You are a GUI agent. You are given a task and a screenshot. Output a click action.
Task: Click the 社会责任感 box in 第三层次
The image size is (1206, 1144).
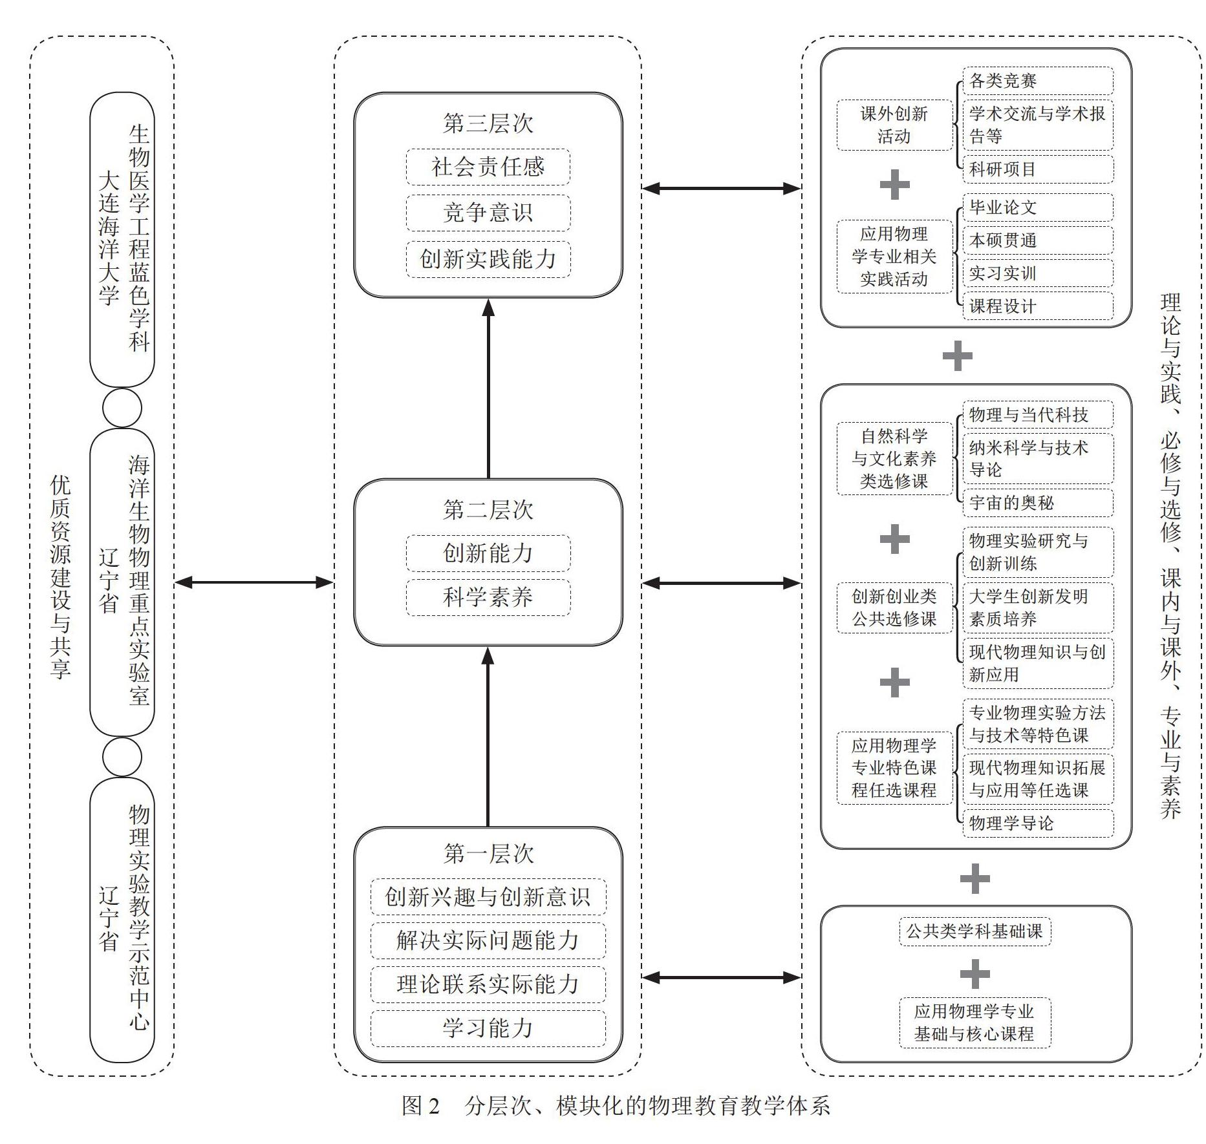click(x=488, y=167)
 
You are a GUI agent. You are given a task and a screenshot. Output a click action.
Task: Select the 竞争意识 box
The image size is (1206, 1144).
click(x=488, y=213)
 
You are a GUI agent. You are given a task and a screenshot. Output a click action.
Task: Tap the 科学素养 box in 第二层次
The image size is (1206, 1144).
click(x=488, y=597)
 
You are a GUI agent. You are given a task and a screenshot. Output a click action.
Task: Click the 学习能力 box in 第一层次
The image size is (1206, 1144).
click(x=488, y=1028)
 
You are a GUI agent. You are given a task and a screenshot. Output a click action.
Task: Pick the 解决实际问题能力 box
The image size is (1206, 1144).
click(x=488, y=940)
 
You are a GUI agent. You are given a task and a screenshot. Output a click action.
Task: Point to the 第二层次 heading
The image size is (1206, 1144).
click(x=488, y=510)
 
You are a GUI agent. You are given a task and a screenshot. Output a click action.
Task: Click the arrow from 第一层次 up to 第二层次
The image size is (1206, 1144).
click(x=488, y=737)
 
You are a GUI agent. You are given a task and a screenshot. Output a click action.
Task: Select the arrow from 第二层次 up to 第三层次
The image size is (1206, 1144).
click(x=488, y=388)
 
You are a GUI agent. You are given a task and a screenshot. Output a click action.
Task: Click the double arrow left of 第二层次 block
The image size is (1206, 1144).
click(x=254, y=583)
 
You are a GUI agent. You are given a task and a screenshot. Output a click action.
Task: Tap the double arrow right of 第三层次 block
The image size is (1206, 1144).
click(x=721, y=189)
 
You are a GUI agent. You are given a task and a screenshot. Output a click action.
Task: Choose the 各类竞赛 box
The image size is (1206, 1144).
click(x=1037, y=81)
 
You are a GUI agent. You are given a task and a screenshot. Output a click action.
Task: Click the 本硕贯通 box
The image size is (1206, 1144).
click(x=1037, y=240)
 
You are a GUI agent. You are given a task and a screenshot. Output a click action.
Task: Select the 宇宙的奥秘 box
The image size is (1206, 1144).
click(x=1037, y=502)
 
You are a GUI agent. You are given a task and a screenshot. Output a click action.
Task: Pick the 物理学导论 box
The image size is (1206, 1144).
click(x=1037, y=823)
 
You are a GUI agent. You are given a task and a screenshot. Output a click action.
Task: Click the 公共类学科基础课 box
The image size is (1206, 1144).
click(x=974, y=931)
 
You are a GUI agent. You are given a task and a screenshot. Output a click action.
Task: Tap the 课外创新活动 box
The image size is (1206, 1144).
click(x=894, y=125)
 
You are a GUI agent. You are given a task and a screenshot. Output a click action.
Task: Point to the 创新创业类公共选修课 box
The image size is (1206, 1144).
click(x=894, y=608)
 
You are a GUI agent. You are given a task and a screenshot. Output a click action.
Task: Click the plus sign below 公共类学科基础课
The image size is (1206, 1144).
click(x=974, y=974)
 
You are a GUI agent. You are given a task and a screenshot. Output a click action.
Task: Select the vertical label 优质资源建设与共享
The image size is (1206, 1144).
click(x=61, y=577)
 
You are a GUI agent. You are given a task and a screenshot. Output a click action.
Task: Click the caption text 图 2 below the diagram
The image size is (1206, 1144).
click(x=420, y=1106)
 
